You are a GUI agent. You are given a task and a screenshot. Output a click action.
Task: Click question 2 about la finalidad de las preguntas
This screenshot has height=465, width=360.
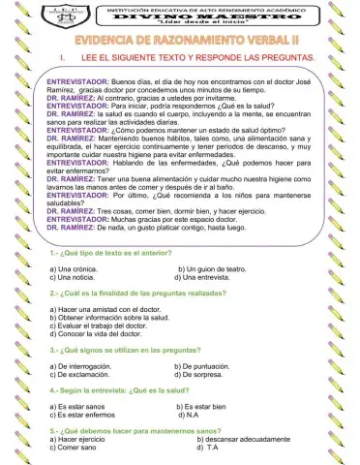click(x=136, y=292)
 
